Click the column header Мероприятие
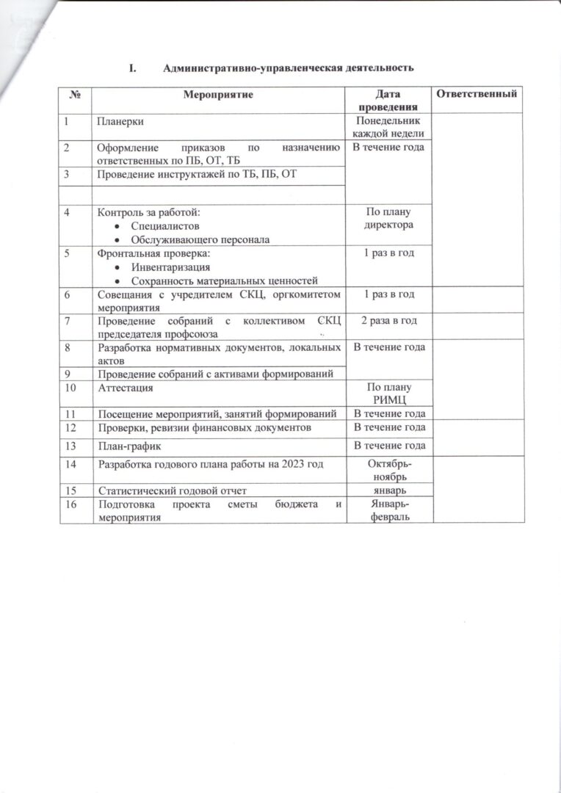click(218, 95)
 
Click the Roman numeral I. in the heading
click(132, 68)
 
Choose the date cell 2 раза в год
click(387, 321)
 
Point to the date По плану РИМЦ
click(387, 393)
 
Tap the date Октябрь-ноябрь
click(387, 471)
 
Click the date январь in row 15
click(387, 490)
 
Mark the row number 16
click(70, 504)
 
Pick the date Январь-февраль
click(387, 511)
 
